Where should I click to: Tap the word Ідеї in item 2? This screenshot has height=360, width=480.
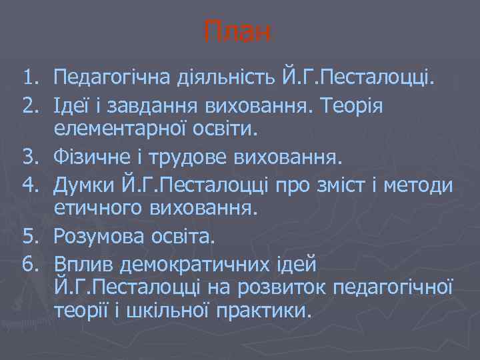[74, 106]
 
